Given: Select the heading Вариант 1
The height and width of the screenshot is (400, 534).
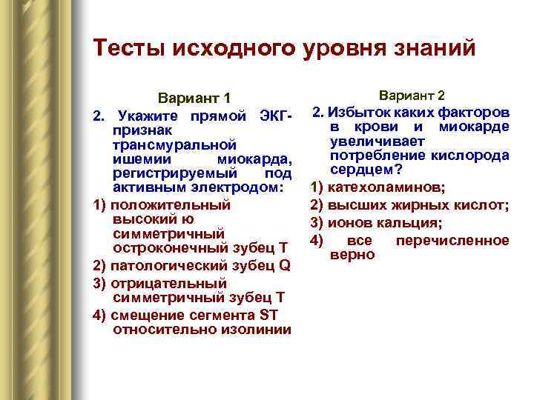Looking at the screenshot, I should [195, 99].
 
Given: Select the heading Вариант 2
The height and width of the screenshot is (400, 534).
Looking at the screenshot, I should [412, 96].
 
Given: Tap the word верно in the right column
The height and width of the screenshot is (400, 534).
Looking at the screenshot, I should [353, 254].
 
